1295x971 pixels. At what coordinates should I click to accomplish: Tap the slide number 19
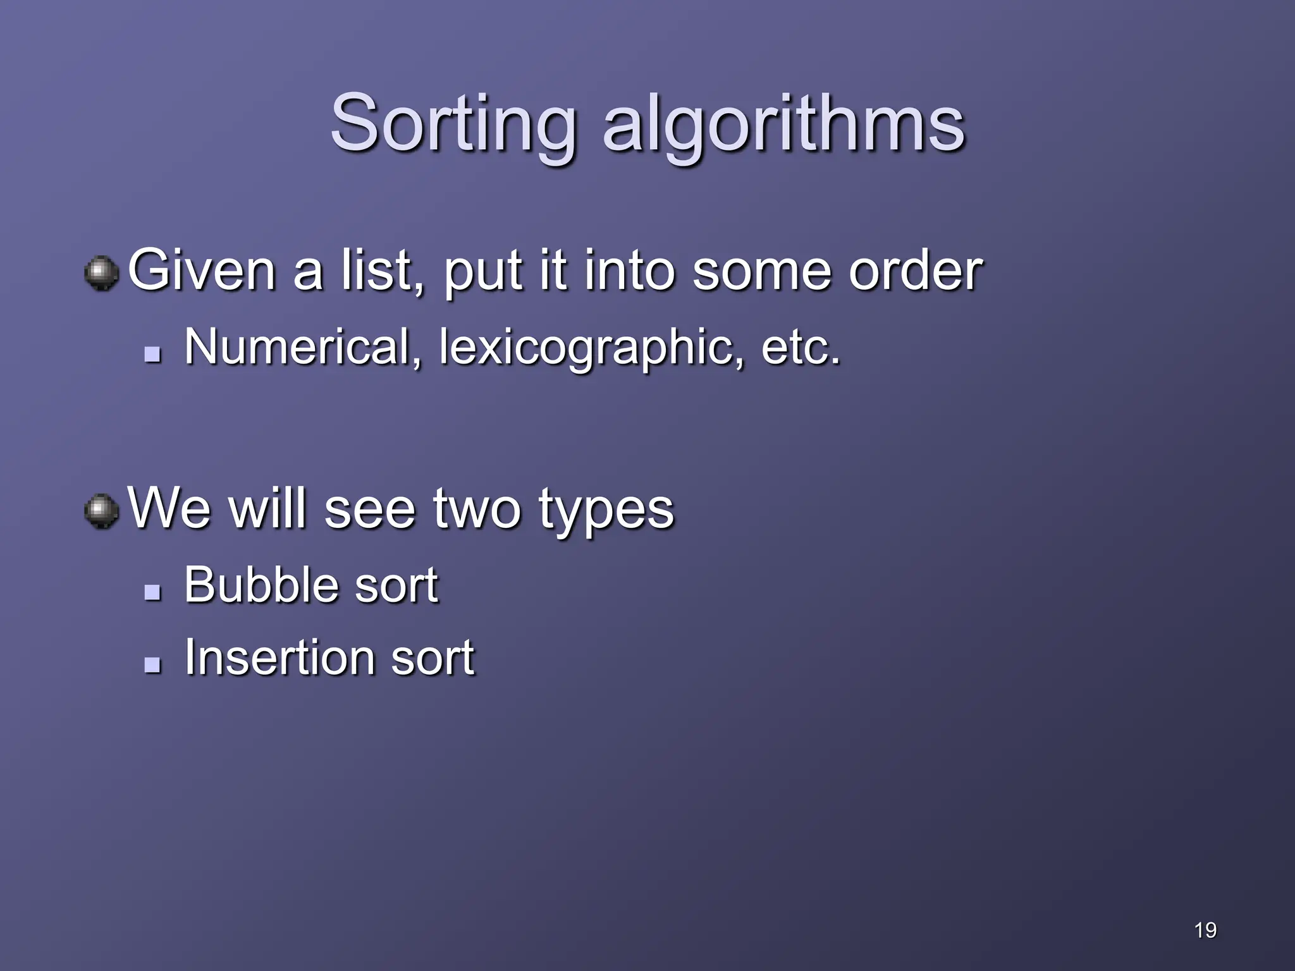point(1205,930)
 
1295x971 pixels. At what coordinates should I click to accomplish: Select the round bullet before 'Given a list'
point(101,274)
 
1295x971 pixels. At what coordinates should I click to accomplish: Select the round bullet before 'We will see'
point(101,511)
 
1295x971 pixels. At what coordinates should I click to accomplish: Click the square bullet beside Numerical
point(152,353)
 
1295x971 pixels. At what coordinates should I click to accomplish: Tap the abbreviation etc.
point(801,348)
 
